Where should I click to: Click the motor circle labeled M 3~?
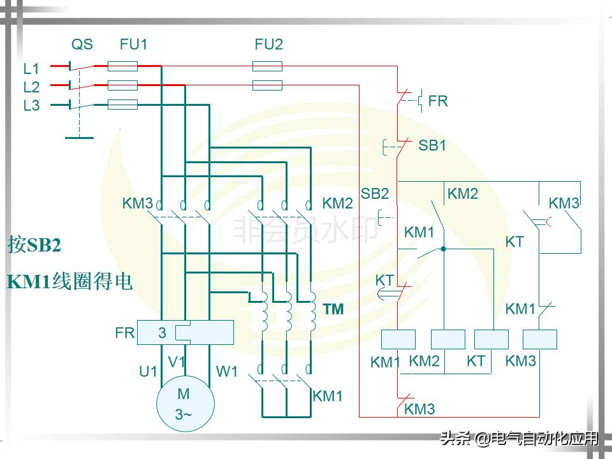pos(185,404)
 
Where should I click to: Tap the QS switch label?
pos(82,45)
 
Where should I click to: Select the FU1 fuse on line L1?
pos(122,66)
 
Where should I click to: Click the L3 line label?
pos(31,106)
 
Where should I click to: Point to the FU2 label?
pos(268,45)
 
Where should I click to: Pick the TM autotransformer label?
pos(333,310)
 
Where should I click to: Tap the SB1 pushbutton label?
pos(432,145)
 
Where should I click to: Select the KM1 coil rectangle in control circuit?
pos(398,340)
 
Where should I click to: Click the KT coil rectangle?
pos(492,340)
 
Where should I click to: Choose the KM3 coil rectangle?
pos(539,340)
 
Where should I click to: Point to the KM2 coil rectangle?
pos(448,340)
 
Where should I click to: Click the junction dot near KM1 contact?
pos(442,248)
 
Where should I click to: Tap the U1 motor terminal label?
pos(148,371)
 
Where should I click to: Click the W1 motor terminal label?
pos(227,371)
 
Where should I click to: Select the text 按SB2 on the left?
pos(34,245)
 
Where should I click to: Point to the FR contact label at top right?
pos(438,101)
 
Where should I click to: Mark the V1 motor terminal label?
pos(177,362)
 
